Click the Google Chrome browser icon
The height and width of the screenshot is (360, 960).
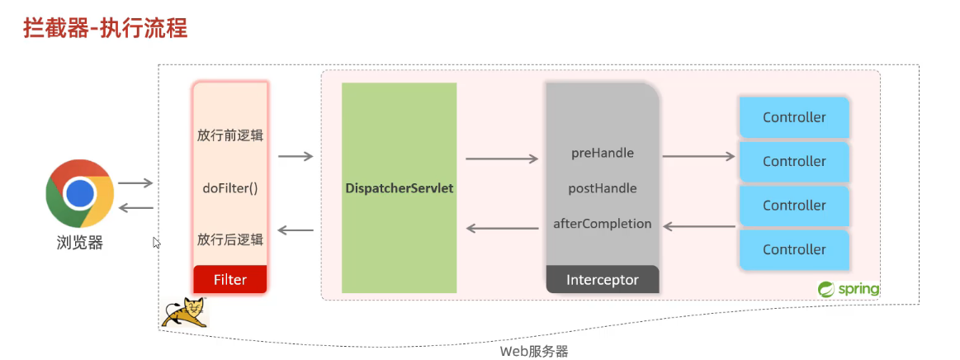click(x=79, y=193)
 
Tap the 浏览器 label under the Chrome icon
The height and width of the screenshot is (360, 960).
click(x=80, y=243)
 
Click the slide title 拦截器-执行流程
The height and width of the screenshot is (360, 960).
click(x=104, y=29)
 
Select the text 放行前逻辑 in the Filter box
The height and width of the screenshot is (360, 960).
click(x=230, y=135)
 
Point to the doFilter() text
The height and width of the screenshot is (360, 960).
click(x=230, y=187)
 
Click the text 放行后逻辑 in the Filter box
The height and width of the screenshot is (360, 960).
click(x=230, y=239)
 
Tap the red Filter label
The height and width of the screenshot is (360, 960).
click(x=230, y=279)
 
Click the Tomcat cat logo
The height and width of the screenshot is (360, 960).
click(x=184, y=312)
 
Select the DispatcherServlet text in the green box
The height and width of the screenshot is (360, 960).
click(x=400, y=188)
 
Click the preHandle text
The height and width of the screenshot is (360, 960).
click(x=603, y=153)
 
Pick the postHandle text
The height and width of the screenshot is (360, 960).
click(x=603, y=188)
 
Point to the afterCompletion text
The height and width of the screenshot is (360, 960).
click(x=603, y=224)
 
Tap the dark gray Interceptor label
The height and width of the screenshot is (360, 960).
click(x=603, y=280)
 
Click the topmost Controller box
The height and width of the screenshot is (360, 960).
click(x=794, y=117)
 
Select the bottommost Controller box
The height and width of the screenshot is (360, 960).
click(x=794, y=249)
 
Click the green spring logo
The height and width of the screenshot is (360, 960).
click(x=849, y=289)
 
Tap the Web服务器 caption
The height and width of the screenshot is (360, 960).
click(x=534, y=351)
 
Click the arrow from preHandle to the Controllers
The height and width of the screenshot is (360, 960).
click(x=698, y=155)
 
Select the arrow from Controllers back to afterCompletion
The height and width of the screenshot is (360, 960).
click(x=698, y=225)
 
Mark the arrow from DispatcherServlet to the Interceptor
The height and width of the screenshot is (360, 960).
click(x=502, y=159)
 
